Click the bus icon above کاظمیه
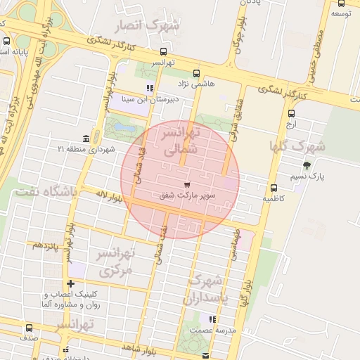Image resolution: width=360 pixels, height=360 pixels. [274, 188]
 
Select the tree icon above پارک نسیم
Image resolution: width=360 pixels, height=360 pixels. [305, 165]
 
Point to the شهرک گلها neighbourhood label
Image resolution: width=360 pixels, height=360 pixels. [298, 147]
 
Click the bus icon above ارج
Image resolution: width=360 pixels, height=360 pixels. [292, 113]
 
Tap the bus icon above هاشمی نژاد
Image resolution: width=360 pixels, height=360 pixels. [195, 72]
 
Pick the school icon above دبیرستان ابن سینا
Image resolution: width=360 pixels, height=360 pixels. [149, 88]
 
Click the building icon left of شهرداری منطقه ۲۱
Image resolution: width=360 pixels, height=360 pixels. [86, 138]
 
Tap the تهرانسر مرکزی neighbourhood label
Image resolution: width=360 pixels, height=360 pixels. [112, 261]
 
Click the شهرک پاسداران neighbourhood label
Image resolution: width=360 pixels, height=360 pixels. [206, 289]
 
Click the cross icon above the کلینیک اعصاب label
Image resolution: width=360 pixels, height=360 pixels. [70, 283]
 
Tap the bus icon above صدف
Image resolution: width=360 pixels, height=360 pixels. [29, 328]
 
